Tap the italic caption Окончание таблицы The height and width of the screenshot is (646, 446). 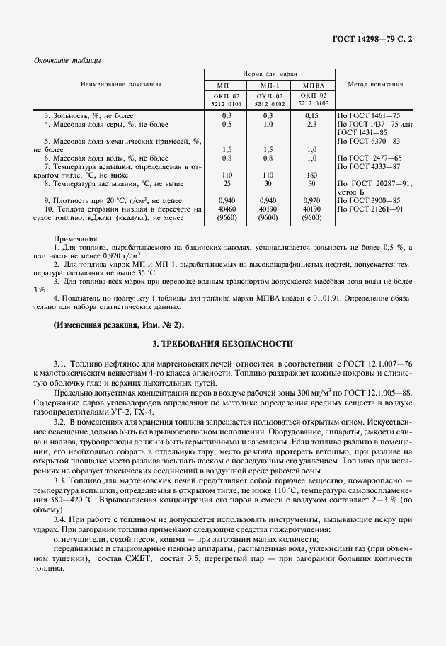pos(67,60)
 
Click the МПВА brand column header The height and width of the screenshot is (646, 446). pos(312,84)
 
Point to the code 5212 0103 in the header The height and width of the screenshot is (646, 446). pos(312,103)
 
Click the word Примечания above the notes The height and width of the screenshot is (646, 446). pos(79,239)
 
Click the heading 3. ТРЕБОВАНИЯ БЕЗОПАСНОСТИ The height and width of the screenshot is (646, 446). pos(223,343)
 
